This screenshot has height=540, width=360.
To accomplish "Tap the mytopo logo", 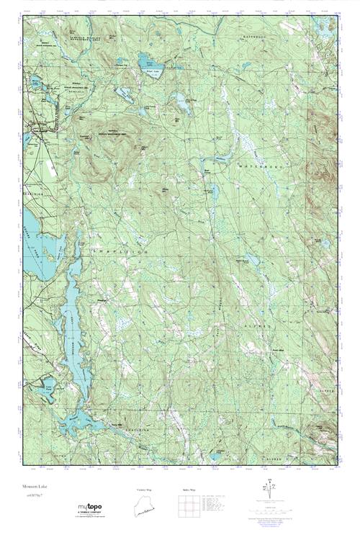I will click(x=89, y=508).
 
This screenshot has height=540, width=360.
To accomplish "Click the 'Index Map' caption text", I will click(x=189, y=490).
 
